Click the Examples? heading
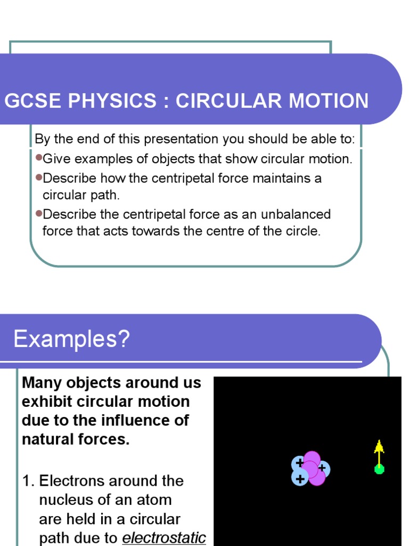pyautogui.click(x=71, y=339)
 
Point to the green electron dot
pyautogui.click(x=379, y=469)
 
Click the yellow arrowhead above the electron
pyautogui.click(x=379, y=446)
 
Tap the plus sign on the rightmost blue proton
pyautogui.click(x=322, y=468)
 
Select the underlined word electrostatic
pyautogui.click(x=164, y=538)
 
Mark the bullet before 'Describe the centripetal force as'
pyautogui.click(x=38, y=213)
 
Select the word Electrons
pyautogui.click(x=72, y=481)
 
